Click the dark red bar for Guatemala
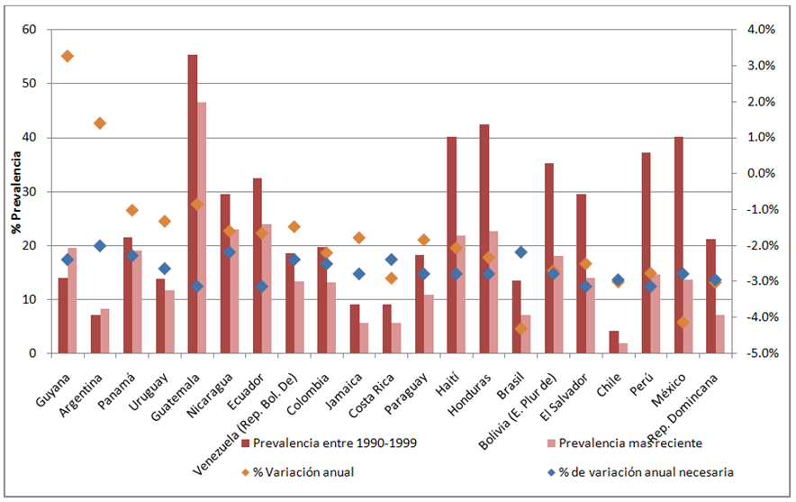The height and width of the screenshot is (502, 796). tap(193, 204)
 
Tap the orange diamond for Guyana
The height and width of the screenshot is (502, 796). tap(68, 56)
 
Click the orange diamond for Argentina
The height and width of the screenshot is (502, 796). tap(100, 123)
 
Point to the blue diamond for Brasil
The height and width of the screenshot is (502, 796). tap(520, 251)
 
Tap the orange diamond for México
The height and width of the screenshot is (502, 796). tap(683, 322)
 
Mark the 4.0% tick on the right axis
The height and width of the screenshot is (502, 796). tap(758, 30)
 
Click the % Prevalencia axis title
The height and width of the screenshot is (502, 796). tap(15, 191)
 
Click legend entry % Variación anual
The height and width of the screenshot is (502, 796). tap(301, 471)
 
